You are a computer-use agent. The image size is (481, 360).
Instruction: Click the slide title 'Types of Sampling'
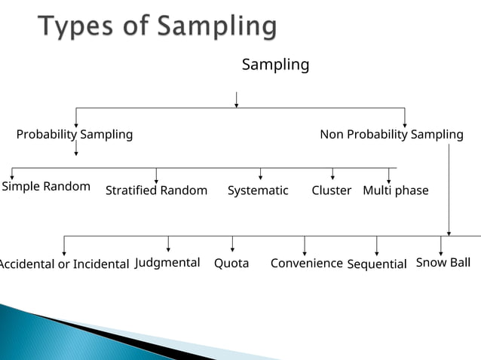point(157,27)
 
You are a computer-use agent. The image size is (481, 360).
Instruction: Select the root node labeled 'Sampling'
point(275,65)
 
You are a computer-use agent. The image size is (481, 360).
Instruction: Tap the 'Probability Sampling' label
point(75,135)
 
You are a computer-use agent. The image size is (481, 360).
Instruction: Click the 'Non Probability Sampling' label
point(391,135)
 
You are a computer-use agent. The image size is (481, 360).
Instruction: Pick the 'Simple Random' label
point(46,186)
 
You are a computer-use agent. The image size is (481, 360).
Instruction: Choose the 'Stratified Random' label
point(156,191)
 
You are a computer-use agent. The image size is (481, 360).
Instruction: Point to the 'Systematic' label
point(258,191)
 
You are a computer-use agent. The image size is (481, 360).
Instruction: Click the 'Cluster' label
point(331,191)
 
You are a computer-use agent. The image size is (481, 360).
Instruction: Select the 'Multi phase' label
point(395,191)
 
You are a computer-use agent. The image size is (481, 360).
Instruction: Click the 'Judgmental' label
point(167,262)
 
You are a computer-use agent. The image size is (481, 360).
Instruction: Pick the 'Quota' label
point(231,264)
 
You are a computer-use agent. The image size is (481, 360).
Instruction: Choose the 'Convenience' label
point(306,263)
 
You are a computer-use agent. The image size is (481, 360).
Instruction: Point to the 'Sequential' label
point(376,264)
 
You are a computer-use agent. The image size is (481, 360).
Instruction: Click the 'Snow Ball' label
point(443,262)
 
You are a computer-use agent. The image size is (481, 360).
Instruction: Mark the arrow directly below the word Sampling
point(237,99)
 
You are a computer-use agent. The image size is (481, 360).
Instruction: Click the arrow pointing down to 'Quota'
point(232,244)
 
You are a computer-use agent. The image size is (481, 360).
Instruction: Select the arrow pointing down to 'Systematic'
point(260,174)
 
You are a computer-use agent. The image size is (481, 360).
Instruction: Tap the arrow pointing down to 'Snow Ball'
point(441,244)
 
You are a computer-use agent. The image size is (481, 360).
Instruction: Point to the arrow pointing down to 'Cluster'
point(332,174)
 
